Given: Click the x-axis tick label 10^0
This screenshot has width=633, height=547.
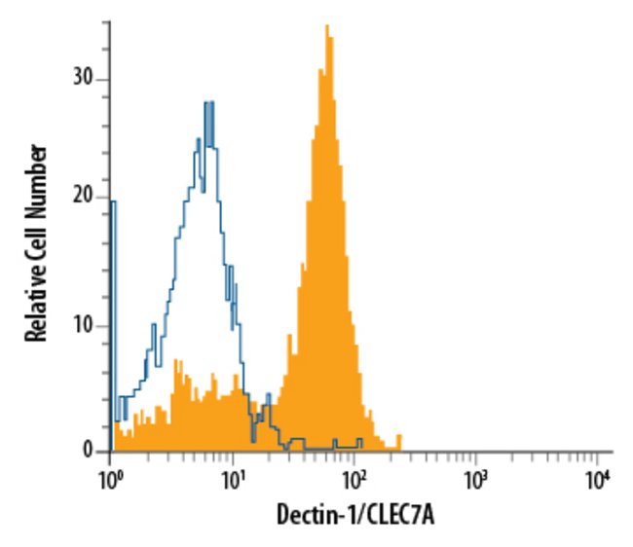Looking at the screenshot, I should coord(110,479).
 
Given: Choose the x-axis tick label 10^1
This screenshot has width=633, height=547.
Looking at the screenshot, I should coord(232,479).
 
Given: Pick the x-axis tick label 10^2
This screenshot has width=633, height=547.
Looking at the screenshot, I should coord(354,479).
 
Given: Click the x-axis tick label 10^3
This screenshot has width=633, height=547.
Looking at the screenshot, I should coord(475,479).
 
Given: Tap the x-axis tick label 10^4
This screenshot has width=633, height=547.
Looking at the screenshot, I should coord(597,479).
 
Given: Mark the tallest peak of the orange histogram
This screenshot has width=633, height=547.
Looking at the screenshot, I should coord(326,27).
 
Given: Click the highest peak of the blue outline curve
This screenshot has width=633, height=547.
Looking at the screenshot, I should coord(207,103).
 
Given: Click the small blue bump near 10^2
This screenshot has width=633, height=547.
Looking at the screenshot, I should coord(358,440).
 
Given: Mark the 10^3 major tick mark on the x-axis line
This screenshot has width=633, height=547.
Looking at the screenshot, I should coord(475,455).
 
